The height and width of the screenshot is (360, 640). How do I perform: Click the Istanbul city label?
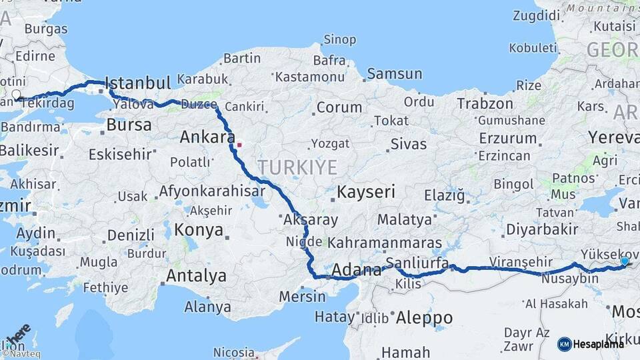[x=138, y=83]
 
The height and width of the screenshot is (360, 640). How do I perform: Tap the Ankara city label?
[x=204, y=137]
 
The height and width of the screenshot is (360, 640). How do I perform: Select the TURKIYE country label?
[x=297, y=167]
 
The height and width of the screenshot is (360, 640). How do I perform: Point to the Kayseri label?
[x=366, y=192]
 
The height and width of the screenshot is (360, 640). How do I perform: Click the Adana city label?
[x=356, y=270]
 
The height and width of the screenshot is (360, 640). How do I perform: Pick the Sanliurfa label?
[x=417, y=262]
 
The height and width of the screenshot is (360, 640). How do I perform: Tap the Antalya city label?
[x=196, y=275]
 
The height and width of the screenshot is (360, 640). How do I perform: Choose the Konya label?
[x=198, y=230]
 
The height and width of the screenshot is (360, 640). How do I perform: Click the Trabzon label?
[x=485, y=103]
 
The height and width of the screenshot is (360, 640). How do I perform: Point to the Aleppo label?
[x=424, y=318]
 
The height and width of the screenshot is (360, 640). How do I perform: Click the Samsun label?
[x=394, y=74]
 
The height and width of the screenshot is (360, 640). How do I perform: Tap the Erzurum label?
[x=507, y=139]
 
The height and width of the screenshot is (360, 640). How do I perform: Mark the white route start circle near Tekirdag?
[x=16, y=95]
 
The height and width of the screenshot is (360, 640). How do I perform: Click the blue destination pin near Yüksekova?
[x=624, y=261]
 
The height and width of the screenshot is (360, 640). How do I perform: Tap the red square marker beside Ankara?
[x=239, y=144]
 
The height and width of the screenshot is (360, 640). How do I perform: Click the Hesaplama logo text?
[x=599, y=344]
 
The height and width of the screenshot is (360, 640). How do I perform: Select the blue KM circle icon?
[x=564, y=344]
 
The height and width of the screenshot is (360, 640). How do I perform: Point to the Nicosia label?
[x=234, y=351]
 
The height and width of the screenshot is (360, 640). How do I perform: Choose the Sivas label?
[x=409, y=143]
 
